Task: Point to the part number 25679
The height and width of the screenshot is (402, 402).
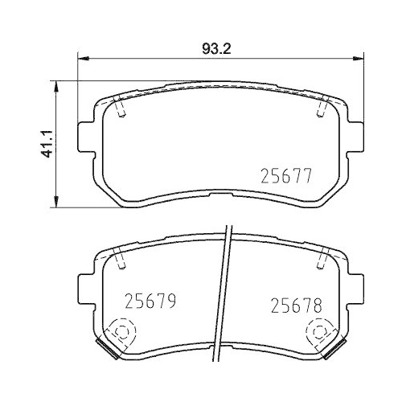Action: tap(150, 301)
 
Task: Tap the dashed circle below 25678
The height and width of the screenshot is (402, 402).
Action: tap(319, 332)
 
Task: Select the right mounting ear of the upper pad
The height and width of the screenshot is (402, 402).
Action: tap(353, 138)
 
